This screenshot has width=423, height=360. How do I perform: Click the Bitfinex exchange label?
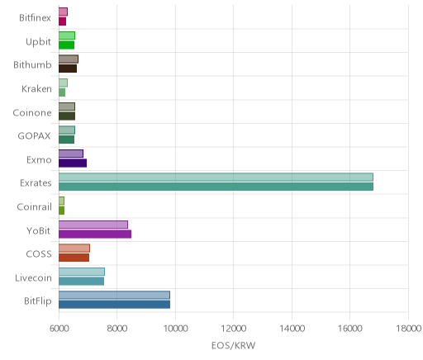(x=35, y=18)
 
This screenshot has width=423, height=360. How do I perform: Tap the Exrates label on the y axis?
(x=36, y=183)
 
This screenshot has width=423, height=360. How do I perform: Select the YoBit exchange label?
(x=39, y=230)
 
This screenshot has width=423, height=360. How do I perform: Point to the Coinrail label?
(x=34, y=206)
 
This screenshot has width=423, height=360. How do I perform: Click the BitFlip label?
(x=38, y=301)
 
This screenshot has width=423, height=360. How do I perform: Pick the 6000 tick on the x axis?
(x=59, y=329)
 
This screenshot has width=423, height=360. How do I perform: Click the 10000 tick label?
(x=175, y=329)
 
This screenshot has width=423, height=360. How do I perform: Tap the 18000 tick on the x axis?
(x=409, y=329)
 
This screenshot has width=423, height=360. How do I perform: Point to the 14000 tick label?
(x=292, y=329)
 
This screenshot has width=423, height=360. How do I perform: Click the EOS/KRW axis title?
(x=233, y=345)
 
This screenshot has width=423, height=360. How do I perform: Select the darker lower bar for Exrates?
(x=216, y=187)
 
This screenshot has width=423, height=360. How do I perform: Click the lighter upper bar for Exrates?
(x=216, y=178)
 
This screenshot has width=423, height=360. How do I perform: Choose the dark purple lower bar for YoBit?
(x=95, y=234)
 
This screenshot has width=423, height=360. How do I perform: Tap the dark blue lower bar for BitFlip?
(x=114, y=305)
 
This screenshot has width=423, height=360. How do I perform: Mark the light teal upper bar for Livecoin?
(x=82, y=272)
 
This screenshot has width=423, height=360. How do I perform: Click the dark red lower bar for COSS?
(x=74, y=258)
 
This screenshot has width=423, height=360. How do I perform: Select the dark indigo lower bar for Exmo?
(x=73, y=163)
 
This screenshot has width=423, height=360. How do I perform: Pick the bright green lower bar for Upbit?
(x=66, y=45)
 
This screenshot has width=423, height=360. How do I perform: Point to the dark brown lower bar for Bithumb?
(x=68, y=69)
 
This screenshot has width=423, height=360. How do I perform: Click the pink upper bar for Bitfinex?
(x=63, y=12)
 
